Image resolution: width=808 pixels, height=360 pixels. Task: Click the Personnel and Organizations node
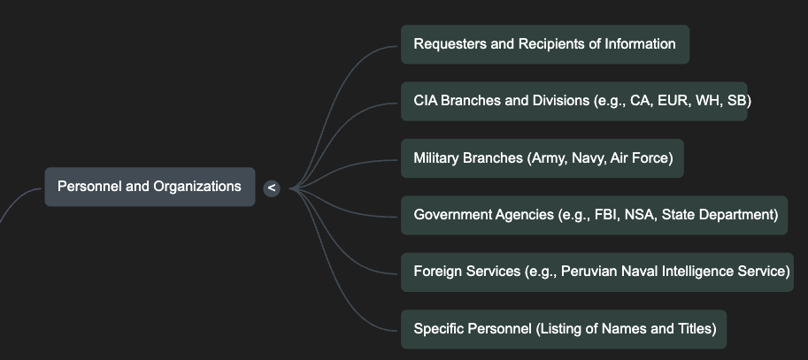150,187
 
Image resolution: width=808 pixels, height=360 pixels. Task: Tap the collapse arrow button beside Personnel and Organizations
272,188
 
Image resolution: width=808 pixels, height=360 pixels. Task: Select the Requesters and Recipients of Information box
544,44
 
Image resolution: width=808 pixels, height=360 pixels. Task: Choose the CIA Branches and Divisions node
573,101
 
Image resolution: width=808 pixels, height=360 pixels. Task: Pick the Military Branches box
542,158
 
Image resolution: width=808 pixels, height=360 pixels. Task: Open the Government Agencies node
594,215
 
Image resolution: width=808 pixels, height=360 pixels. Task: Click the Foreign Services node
596,272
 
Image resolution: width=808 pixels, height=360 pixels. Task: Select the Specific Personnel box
563,329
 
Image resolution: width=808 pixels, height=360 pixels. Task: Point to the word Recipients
549,44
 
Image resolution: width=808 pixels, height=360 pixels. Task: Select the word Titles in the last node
693,329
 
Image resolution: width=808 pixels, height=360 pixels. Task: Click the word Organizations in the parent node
197,187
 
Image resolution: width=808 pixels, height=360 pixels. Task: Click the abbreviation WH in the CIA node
708,101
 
